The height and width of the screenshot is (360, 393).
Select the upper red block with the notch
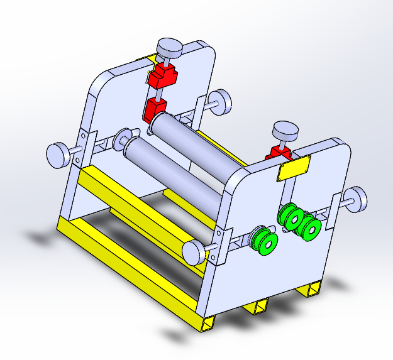coord(162,77)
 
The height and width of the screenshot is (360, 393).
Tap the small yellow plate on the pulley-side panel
coord(292,169)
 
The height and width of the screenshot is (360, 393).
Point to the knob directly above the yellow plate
coord(285,131)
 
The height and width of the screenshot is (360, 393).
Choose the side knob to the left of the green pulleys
coord(194,251)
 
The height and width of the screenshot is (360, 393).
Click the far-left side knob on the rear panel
coord(58,155)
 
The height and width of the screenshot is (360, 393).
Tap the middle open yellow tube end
coord(258,307)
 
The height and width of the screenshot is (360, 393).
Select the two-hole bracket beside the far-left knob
coord(82,146)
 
